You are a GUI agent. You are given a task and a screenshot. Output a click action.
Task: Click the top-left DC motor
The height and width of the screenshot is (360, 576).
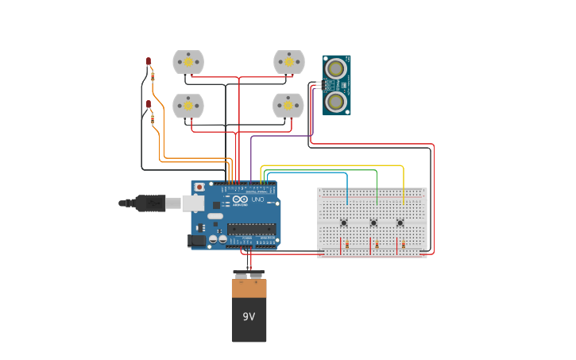(188, 61)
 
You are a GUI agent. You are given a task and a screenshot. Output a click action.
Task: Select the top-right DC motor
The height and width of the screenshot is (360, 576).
(289, 61)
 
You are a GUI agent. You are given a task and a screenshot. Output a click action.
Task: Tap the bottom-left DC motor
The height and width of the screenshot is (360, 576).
(188, 105)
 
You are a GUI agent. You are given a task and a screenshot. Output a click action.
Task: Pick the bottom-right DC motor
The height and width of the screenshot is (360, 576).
(288, 104)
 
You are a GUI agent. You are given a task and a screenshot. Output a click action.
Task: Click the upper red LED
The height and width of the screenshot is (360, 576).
(148, 61)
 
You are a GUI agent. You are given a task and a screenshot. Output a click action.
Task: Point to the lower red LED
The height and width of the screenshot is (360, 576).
(148, 104)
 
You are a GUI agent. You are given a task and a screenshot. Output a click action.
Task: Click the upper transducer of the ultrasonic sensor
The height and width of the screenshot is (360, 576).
(336, 69)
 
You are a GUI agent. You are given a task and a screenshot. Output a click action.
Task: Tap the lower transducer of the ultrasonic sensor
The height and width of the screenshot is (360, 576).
(336, 101)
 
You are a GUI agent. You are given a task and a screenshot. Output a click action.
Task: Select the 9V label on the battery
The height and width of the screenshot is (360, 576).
(249, 316)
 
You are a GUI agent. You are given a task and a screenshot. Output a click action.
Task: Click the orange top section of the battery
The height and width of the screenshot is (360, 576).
(249, 288)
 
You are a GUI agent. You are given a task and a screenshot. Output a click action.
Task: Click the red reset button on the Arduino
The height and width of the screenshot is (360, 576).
(199, 188)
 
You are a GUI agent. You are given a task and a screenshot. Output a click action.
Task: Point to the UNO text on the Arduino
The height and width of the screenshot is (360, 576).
(257, 199)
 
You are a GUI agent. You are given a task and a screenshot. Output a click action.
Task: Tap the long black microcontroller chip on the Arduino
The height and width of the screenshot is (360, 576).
(251, 230)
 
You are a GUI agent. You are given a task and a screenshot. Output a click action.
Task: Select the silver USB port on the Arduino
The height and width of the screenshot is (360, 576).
(194, 203)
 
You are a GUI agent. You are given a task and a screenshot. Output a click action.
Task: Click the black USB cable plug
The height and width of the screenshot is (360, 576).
(149, 203)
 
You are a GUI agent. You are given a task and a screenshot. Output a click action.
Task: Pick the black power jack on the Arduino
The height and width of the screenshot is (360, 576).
(195, 240)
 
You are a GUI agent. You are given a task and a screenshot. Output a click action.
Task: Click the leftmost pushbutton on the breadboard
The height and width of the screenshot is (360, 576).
(344, 223)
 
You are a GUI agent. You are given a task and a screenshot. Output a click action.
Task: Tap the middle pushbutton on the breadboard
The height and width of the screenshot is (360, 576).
(373, 223)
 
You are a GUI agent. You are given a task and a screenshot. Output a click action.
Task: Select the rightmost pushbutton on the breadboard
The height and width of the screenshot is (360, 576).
(400, 223)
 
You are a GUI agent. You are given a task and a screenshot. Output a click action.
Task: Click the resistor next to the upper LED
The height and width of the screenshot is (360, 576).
(153, 76)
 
